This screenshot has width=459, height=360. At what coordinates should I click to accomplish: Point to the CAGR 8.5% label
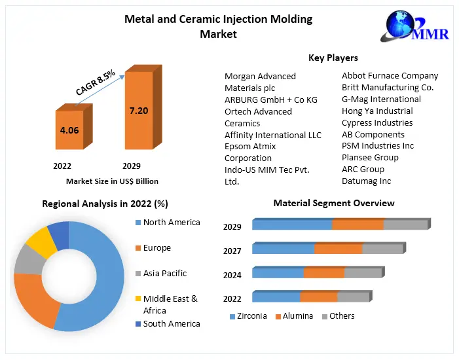[x=96, y=83]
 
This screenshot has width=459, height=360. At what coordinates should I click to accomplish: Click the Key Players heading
[x=333, y=58]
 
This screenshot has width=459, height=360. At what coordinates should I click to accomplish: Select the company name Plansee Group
[x=370, y=157]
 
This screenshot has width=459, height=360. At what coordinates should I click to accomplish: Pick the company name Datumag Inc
[x=366, y=181]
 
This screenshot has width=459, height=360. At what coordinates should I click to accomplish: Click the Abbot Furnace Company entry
[x=390, y=76]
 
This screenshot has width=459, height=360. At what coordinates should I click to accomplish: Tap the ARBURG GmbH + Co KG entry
[x=270, y=99]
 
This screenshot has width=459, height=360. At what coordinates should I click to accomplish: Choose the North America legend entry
[x=171, y=223]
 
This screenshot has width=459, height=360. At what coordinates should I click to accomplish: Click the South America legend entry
[x=171, y=323]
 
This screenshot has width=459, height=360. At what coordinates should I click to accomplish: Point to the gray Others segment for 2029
[x=405, y=225]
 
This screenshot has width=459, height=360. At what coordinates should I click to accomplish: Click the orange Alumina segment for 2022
[x=318, y=297]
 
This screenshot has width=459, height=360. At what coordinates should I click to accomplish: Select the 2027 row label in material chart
[x=232, y=251]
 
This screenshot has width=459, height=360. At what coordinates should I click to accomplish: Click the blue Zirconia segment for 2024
[x=278, y=273]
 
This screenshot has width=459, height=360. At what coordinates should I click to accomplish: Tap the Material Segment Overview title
[x=334, y=203]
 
